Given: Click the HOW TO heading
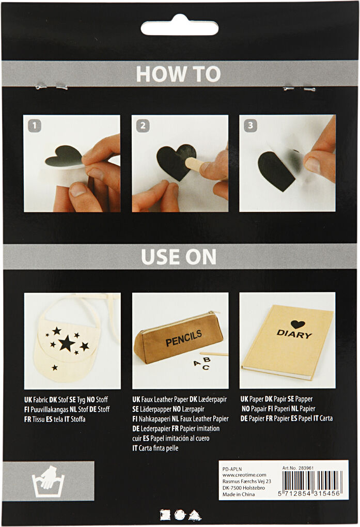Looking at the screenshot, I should [x=178, y=74].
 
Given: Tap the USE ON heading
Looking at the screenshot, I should [x=179, y=256].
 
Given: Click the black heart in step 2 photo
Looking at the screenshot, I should [x=175, y=161].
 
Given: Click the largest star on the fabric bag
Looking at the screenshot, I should [x=66, y=343].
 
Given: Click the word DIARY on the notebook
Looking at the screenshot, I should [x=294, y=334].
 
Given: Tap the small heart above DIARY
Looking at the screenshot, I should [x=297, y=324].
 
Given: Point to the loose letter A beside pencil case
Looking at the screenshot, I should [x=196, y=363].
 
